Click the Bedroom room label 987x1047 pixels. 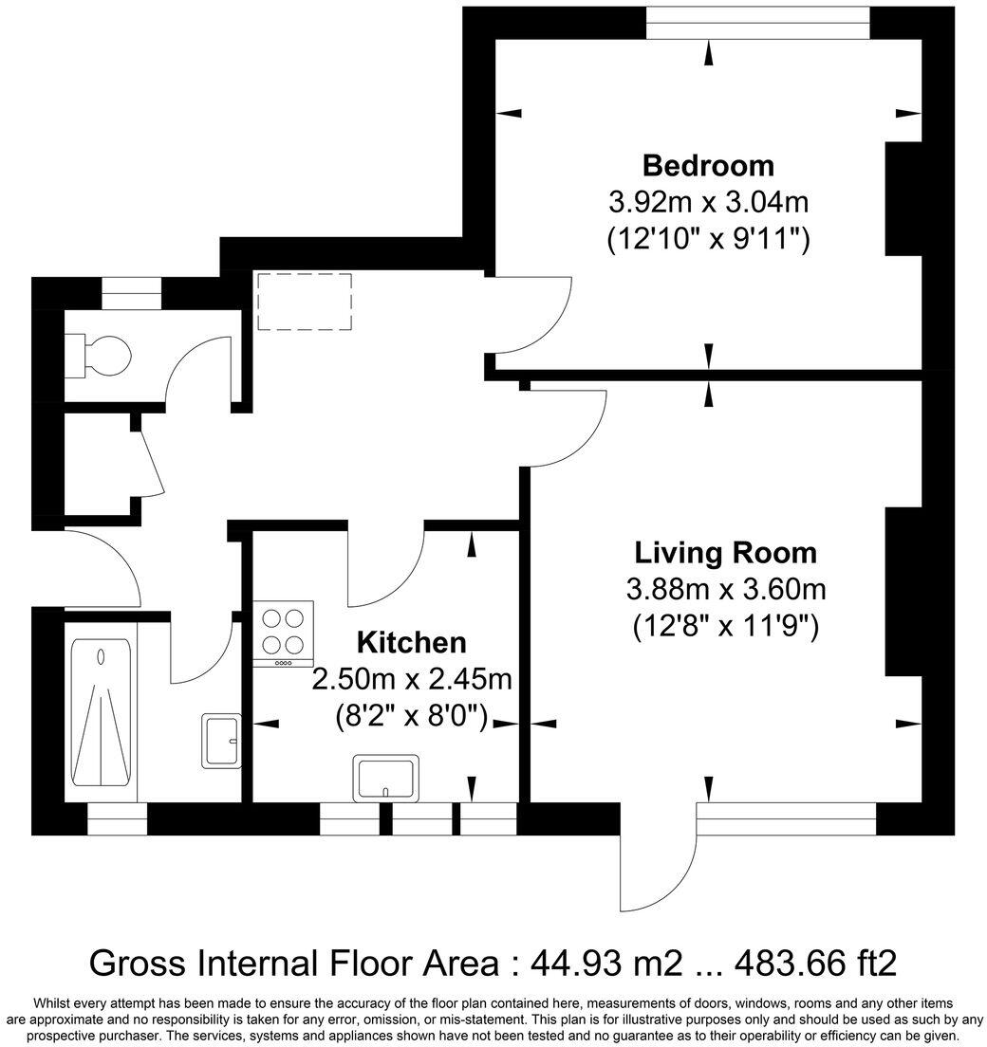tap(708, 166)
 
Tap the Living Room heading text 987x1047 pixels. tap(725, 552)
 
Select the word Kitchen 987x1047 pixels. tap(411, 642)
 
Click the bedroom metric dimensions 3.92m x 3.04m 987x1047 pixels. tap(708, 202)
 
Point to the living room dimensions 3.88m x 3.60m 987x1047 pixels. tap(725, 589)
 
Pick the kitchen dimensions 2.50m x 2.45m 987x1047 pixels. tap(411, 679)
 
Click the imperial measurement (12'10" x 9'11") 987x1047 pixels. tap(708, 239)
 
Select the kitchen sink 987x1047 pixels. tap(385, 777)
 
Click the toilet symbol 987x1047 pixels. tap(101, 356)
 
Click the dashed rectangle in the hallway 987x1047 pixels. tap(305, 302)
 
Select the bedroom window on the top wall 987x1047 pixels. tap(757, 24)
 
